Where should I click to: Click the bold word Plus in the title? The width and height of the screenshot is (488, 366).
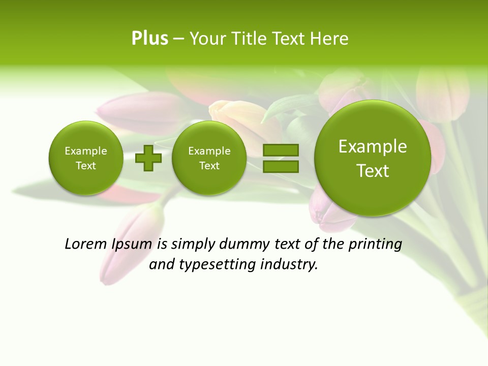pyautogui.click(x=149, y=39)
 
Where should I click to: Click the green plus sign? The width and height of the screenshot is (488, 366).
pyautogui.click(x=148, y=158)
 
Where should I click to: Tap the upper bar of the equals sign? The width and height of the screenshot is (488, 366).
pyautogui.click(x=280, y=150)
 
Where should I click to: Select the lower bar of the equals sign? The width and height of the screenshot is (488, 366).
pyautogui.click(x=280, y=166)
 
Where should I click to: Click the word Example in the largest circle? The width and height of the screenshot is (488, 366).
pyautogui.click(x=373, y=146)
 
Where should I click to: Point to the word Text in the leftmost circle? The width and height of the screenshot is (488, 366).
pyautogui.click(x=85, y=166)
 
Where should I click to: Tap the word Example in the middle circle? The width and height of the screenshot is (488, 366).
pyautogui.click(x=209, y=151)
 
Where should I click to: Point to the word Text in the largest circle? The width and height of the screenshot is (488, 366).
pyautogui.click(x=373, y=171)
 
